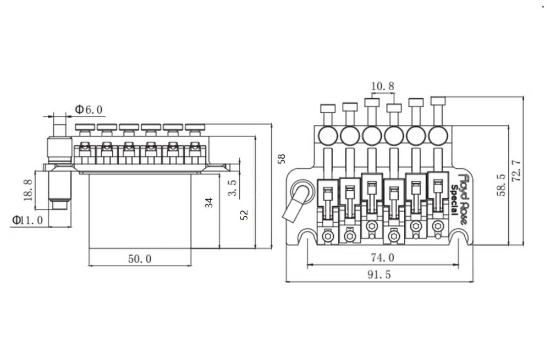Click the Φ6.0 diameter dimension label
(x=89, y=109)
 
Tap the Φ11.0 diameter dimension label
(x=28, y=220)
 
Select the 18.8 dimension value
(x=28, y=190)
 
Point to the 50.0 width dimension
(x=140, y=259)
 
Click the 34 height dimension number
(x=209, y=203)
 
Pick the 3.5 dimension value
(x=232, y=188)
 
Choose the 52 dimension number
(x=244, y=215)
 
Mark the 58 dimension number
(x=281, y=159)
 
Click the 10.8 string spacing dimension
(x=383, y=86)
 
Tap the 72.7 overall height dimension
(x=516, y=171)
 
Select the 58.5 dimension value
(x=501, y=185)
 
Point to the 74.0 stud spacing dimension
(x=383, y=258)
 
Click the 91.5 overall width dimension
(x=379, y=275)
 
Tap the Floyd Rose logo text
(x=464, y=200)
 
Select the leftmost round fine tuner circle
(x=328, y=135)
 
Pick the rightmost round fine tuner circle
(x=438, y=135)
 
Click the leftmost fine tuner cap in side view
(x=85, y=127)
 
